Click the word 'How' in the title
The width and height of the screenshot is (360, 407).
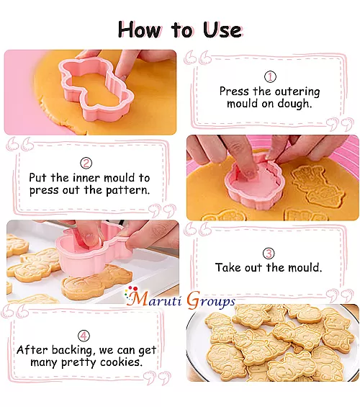point(141,30)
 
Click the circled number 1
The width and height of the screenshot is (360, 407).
point(270,76)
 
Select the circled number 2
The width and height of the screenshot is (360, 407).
point(86,163)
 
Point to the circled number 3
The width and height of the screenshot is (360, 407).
point(269,253)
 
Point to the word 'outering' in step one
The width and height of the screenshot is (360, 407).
point(294,91)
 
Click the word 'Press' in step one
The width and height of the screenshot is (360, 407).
point(235,91)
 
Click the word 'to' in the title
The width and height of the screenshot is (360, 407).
point(182,30)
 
